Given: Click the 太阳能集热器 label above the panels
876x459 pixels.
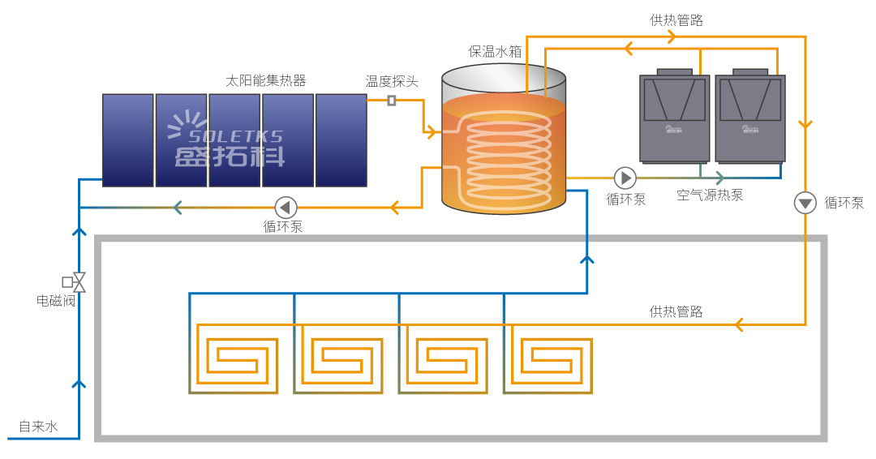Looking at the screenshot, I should (x=265, y=80).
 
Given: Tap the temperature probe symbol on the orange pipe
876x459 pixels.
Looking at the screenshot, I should (x=392, y=101).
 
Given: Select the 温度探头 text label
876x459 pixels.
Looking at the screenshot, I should (x=392, y=81).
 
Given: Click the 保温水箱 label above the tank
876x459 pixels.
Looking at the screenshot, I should (x=495, y=51).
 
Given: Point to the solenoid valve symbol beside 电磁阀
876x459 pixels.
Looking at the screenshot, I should (x=78, y=282).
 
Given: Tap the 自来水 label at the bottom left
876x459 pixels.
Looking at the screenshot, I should (x=38, y=426).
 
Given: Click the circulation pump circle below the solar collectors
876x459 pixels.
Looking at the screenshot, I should (x=286, y=207).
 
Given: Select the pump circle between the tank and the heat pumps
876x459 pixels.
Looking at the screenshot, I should (x=625, y=177).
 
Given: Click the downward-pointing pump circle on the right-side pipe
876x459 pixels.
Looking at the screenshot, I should (x=805, y=203).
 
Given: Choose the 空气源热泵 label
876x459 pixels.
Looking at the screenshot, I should (x=710, y=195).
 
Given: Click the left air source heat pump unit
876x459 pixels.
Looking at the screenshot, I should (x=674, y=118).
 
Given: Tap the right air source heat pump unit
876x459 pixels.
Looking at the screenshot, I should (x=750, y=118).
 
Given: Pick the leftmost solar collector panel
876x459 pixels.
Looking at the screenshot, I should (x=128, y=139).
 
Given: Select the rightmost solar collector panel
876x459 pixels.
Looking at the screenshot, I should (x=341, y=139).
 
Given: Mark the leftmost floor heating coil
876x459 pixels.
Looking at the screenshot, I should (x=234, y=358).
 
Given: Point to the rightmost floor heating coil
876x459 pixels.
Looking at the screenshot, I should (x=548, y=358).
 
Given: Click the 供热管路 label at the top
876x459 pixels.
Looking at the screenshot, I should (x=676, y=20).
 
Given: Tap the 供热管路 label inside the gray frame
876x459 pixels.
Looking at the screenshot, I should (x=676, y=311).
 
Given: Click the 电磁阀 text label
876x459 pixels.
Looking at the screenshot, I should (x=56, y=301).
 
